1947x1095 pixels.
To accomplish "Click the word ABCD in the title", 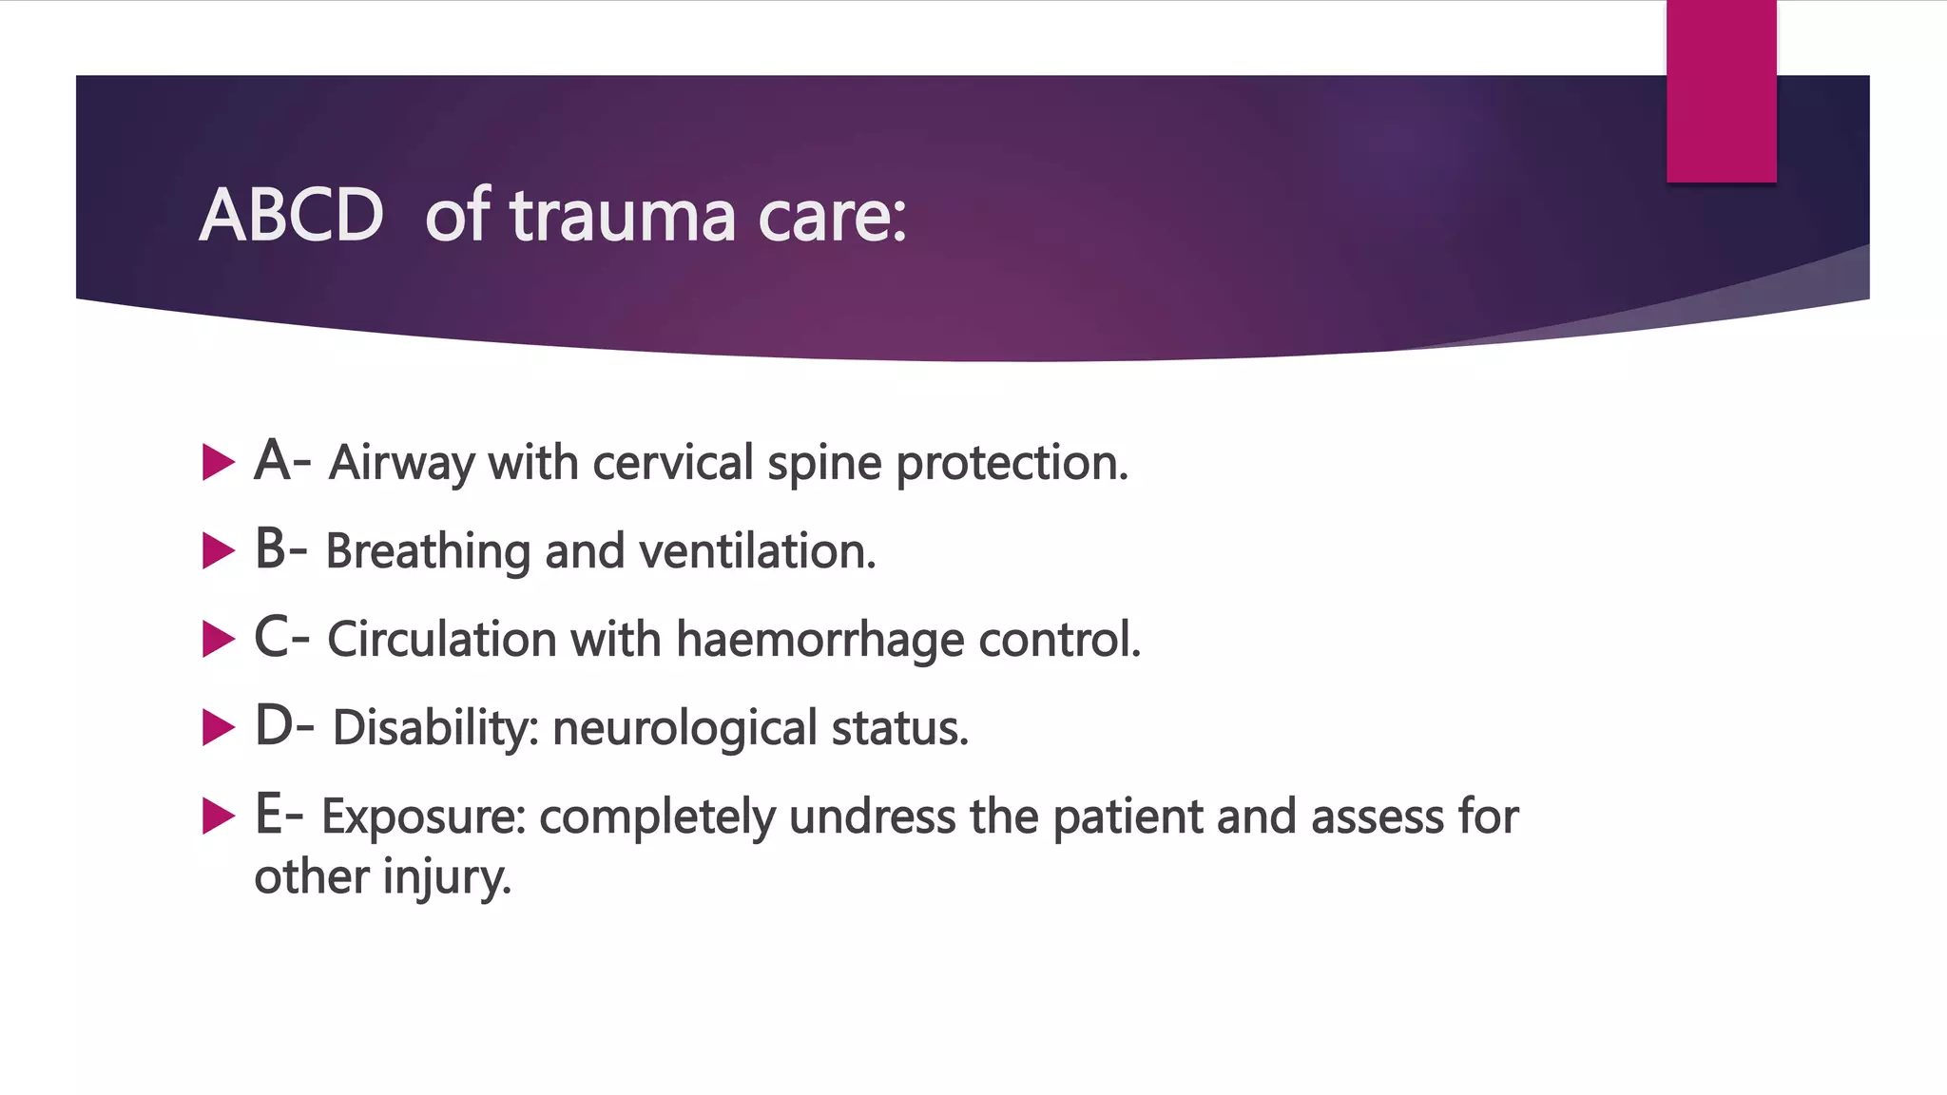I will (x=291, y=216).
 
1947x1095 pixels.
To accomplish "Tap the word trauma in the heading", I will (x=623, y=216).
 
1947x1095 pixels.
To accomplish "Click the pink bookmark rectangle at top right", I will (x=1721, y=90).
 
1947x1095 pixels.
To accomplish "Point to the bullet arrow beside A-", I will (x=218, y=463).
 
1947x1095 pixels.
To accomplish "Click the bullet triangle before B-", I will (x=218, y=551).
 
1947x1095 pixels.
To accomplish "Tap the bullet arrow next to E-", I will (x=218, y=816).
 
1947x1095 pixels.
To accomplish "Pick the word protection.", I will (x=1012, y=463).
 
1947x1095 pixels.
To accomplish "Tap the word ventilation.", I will (x=757, y=551).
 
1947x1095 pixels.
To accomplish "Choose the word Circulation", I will (x=441, y=640).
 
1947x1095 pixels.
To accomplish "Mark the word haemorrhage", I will (x=819, y=640).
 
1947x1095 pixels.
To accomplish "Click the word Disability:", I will (x=435, y=728).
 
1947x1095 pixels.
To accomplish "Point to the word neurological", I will (x=684, y=728).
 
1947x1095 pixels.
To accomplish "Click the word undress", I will (x=872, y=816).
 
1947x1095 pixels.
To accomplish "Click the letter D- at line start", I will (x=283, y=726).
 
